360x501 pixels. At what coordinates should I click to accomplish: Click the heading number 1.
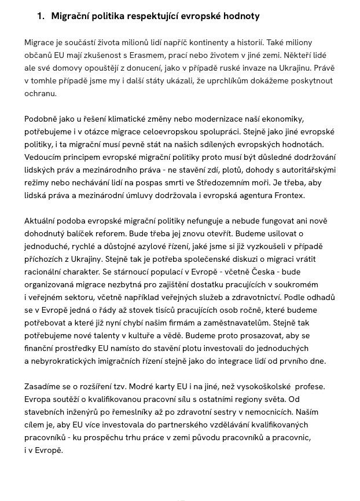[x=40, y=16]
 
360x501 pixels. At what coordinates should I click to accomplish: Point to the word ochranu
[x=41, y=93]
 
